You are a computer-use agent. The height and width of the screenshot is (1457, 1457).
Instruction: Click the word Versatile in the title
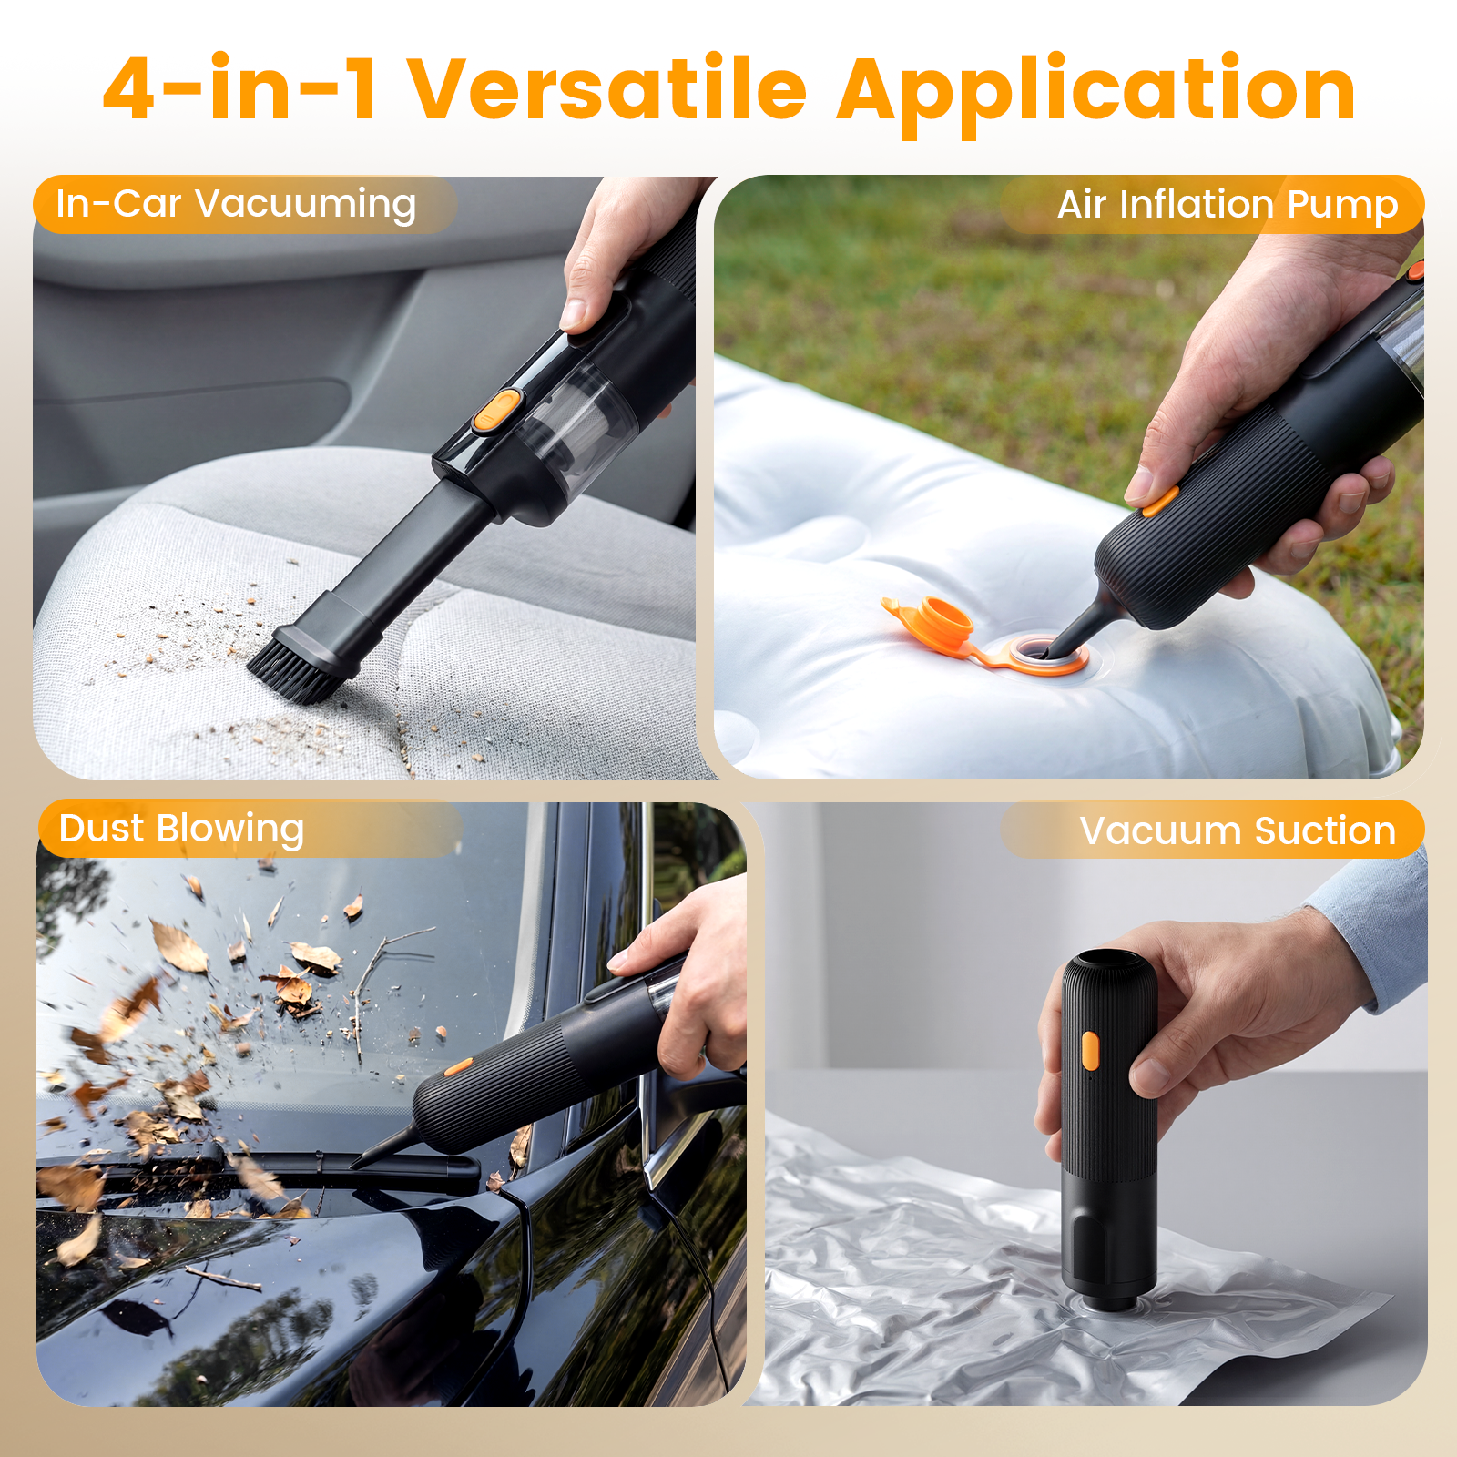[607, 89]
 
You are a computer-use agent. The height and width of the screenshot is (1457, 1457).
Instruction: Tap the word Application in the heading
[1095, 91]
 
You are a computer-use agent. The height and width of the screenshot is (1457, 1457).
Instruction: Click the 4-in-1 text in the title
[239, 89]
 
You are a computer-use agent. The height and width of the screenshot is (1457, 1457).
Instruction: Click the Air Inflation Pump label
[1226, 205]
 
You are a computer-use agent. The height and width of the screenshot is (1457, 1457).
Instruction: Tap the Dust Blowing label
[180, 829]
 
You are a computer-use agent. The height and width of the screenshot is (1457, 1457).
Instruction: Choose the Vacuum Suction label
[1237, 830]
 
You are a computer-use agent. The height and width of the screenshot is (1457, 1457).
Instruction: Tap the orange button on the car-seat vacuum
[496, 410]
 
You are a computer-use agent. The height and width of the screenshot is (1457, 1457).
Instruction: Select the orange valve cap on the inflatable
[938, 624]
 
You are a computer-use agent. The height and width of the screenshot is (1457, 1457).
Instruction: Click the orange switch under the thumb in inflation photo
[1160, 501]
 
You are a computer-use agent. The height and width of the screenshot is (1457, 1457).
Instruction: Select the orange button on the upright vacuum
[1090, 1050]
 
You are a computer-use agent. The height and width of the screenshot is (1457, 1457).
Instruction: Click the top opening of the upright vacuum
[1109, 962]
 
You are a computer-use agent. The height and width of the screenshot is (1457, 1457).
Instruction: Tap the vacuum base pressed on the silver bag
[1109, 1293]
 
